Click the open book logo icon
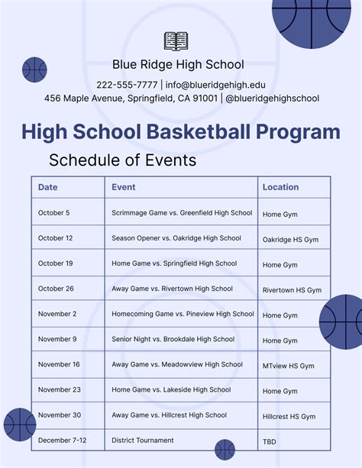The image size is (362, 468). [x=176, y=41]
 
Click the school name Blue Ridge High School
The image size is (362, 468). [x=178, y=65]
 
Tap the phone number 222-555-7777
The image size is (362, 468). [x=127, y=84]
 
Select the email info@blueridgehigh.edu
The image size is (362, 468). [x=215, y=84]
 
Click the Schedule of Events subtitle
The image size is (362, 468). [x=122, y=160]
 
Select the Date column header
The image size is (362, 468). [x=47, y=187]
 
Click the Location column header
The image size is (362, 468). [x=280, y=187]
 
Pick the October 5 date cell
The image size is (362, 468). [x=53, y=213]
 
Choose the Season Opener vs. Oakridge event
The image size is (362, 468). [x=176, y=238]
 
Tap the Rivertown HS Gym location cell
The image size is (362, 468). [x=292, y=290]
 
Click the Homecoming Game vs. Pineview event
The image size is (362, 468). [x=183, y=314]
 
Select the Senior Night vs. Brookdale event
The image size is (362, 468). [x=173, y=339]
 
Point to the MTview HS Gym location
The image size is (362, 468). [x=288, y=366]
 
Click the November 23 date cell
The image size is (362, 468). [x=59, y=389]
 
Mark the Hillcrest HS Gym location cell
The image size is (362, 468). [x=289, y=416]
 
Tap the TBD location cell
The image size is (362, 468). [x=270, y=441]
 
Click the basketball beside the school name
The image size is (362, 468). [x=34, y=69]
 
